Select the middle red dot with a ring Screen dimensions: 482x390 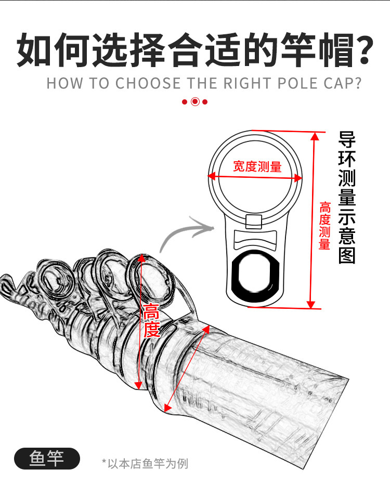(x=195, y=101)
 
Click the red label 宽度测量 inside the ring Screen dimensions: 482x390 (x=257, y=166)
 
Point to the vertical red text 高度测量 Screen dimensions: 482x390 (x=324, y=225)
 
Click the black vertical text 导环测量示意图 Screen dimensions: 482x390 (x=347, y=198)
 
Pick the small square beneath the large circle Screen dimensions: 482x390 (x=253, y=222)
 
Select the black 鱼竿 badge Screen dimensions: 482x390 (x=47, y=459)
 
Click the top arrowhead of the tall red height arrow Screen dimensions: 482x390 (x=314, y=136)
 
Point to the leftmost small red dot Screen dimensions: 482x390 (x=185, y=101)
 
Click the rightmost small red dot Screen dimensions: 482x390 (x=205, y=101)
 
